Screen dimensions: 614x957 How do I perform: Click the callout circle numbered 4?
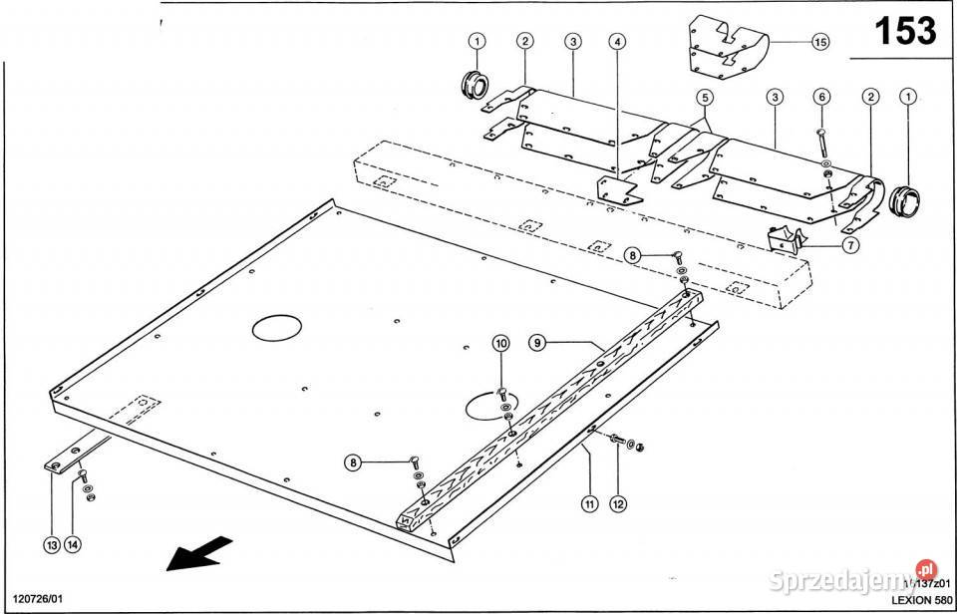pyautogui.click(x=618, y=42)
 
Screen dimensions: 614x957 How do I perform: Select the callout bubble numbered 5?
pyautogui.click(x=705, y=98)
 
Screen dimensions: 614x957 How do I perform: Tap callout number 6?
pyautogui.click(x=821, y=97)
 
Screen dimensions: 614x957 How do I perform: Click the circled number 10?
pyautogui.click(x=500, y=344)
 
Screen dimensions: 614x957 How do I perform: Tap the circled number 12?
pyautogui.click(x=618, y=504)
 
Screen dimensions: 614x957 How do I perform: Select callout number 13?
pyautogui.click(x=51, y=544)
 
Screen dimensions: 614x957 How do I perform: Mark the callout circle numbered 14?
pyautogui.click(x=74, y=544)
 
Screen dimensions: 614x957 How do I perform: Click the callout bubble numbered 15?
pyautogui.click(x=819, y=42)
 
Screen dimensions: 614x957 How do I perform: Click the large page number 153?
pyautogui.click(x=905, y=31)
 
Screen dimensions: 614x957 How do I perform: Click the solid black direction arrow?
pyautogui.click(x=199, y=553)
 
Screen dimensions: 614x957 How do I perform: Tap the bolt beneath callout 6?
pyautogui.click(x=821, y=141)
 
